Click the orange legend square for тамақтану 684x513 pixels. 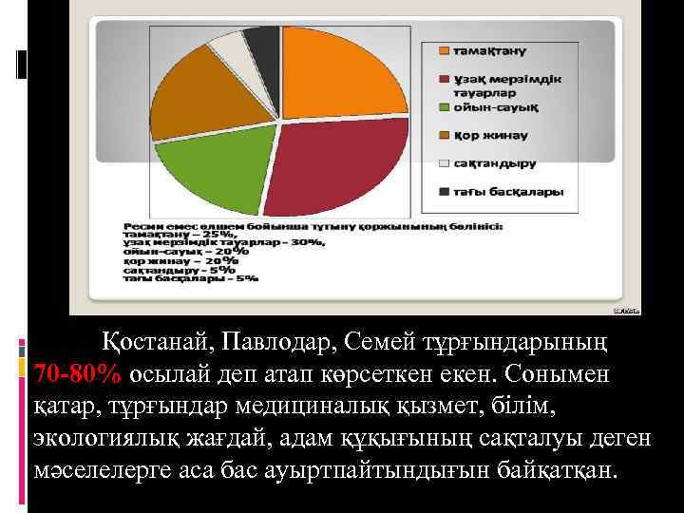coord(443,49)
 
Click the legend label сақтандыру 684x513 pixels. coord(490,162)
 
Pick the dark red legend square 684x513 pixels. coord(443,78)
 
